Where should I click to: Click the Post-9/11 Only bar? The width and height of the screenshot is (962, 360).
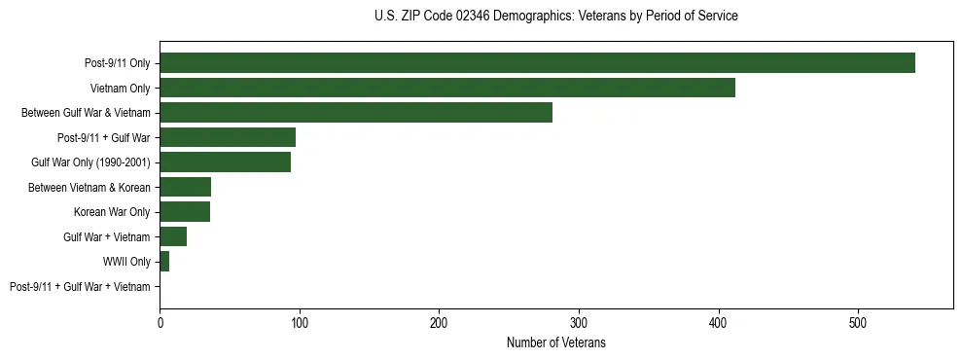[x=537, y=63]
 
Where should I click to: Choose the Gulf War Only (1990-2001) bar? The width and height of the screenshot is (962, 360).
[x=225, y=162]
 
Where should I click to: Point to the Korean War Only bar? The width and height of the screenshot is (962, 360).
[x=185, y=212]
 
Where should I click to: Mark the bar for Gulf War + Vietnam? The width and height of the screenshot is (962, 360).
[x=173, y=236]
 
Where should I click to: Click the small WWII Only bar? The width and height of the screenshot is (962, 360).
[x=164, y=262]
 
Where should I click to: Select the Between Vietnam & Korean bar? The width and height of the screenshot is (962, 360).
[x=185, y=187]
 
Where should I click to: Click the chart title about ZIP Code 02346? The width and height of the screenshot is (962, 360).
[x=555, y=17]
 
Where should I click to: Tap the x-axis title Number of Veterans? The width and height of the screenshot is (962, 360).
[x=555, y=342]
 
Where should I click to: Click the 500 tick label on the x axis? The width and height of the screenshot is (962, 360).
[x=858, y=322]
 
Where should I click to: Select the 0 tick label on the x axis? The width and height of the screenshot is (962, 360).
[x=160, y=322]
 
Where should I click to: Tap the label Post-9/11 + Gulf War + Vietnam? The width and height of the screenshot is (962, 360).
[x=80, y=287]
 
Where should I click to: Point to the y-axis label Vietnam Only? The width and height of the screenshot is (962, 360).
[x=120, y=89]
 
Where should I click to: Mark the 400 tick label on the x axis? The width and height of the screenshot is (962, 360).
[x=719, y=322]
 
